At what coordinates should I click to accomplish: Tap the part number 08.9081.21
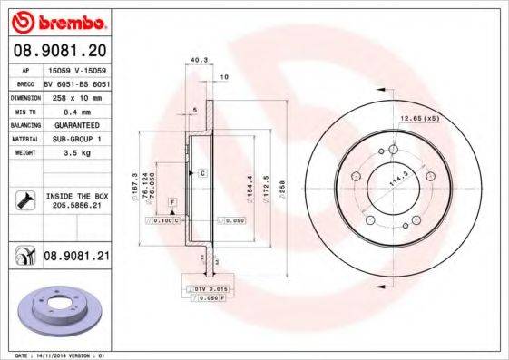(76, 258)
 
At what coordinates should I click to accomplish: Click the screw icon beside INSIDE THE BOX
(24, 200)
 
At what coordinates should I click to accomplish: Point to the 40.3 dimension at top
(195, 61)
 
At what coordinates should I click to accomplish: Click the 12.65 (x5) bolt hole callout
(420, 118)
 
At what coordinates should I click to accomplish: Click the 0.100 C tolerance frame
(166, 220)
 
